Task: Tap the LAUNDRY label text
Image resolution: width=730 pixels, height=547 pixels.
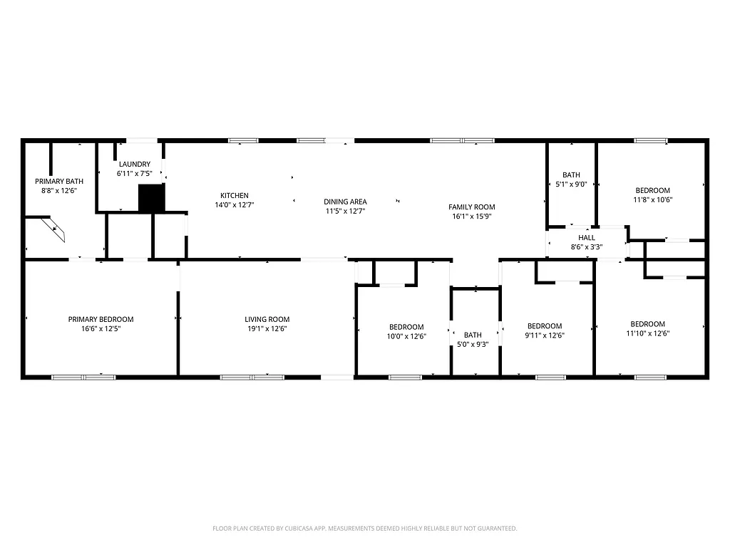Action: click(134, 165)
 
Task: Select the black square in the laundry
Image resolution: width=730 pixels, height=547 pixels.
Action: click(151, 198)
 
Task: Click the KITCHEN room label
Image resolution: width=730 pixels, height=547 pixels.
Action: click(234, 196)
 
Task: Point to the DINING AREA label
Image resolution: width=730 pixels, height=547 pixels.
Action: click(346, 202)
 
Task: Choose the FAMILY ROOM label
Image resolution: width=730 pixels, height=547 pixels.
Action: click(472, 207)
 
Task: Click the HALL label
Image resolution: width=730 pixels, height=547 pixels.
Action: click(586, 238)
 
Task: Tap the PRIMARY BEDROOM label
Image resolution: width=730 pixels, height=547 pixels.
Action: click(101, 320)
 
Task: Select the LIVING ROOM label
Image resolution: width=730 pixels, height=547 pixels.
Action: click(267, 320)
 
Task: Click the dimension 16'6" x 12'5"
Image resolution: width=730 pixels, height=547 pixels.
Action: click(101, 329)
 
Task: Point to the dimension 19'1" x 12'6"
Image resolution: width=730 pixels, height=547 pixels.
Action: click(267, 329)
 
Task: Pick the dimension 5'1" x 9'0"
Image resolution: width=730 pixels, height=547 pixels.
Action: click(571, 184)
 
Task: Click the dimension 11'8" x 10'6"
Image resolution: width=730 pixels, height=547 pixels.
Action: click(653, 199)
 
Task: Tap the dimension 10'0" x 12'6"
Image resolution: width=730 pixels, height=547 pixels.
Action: click(405, 336)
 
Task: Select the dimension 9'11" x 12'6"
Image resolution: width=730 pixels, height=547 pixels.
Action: click(545, 335)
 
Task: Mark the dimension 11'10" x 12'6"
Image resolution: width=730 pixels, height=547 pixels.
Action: click(648, 333)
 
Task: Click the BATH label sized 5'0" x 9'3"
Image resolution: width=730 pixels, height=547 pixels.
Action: click(473, 335)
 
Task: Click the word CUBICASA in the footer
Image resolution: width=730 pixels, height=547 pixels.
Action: click(303, 528)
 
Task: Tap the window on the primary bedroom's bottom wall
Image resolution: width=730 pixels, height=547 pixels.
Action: click(83, 376)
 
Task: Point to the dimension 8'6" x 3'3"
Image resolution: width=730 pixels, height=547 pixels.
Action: click(586, 247)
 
